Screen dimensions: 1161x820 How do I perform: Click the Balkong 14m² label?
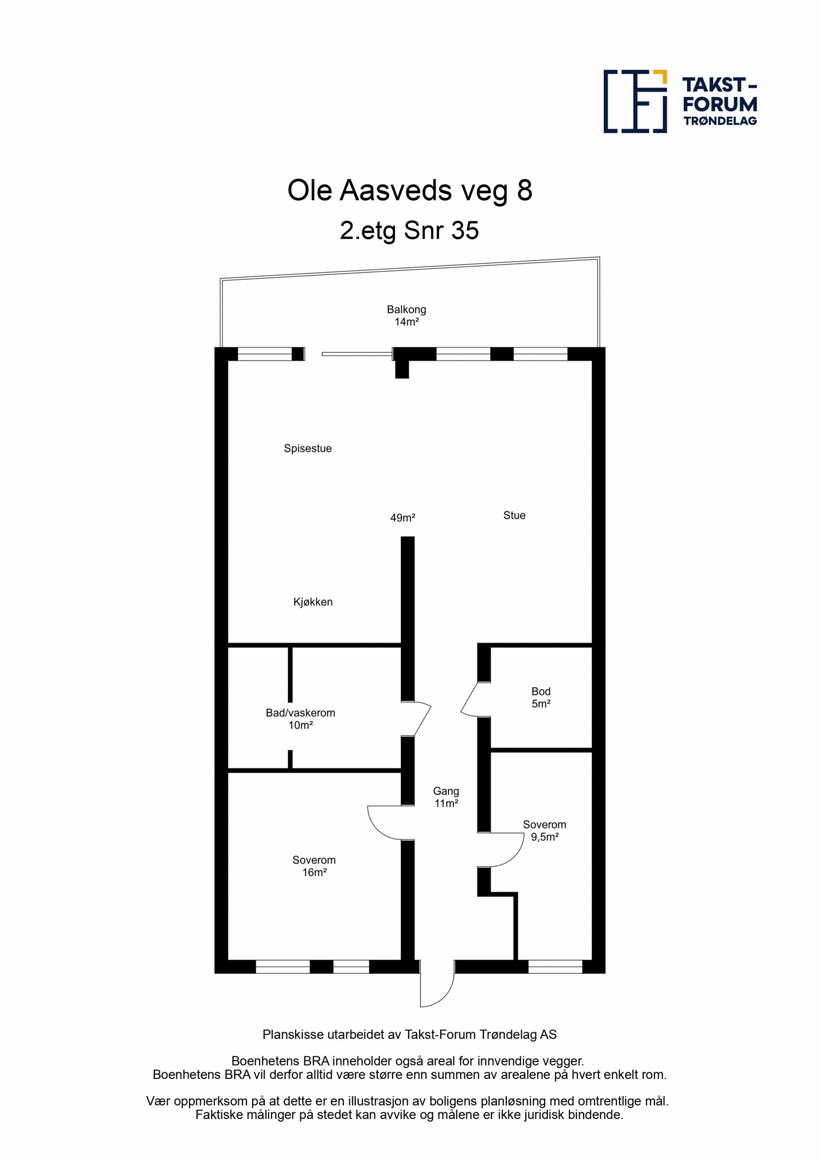tap(406, 315)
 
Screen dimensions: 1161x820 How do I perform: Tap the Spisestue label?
tap(307, 448)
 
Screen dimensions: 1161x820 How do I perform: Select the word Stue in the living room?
tap(514, 515)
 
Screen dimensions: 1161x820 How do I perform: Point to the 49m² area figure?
tap(402, 518)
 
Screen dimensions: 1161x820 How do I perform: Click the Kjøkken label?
tap(313, 602)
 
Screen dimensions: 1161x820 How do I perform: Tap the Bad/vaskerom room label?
tap(300, 718)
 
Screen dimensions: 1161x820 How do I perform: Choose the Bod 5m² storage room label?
tap(541, 697)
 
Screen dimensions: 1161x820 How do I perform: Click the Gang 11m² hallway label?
tap(446, 797)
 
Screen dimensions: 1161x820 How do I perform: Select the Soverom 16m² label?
tap(314, 866)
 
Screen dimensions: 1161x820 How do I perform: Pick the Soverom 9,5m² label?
tap(544, 831)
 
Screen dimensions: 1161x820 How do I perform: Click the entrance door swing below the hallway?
tap(436, 989)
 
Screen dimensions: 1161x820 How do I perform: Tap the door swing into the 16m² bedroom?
tap(387, 823)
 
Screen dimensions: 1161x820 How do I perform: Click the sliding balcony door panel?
tap(357, 354)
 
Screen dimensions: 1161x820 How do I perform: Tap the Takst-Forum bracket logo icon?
tap(635, 101)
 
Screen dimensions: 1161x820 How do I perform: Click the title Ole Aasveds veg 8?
tap(409, 190)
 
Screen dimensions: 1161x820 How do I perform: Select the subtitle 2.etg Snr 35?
tap(409, 230)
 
